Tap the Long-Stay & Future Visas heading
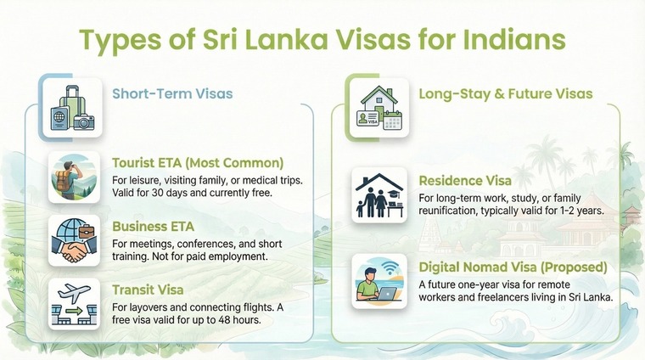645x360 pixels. tap(506, 93)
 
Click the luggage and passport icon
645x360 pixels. tap(72, 107)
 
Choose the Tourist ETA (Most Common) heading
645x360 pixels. tap(198, 162)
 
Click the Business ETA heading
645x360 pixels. tap(153, 226)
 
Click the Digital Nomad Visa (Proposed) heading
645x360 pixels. tap(513, 267)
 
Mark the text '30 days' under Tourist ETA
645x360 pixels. tap(183, 194)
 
